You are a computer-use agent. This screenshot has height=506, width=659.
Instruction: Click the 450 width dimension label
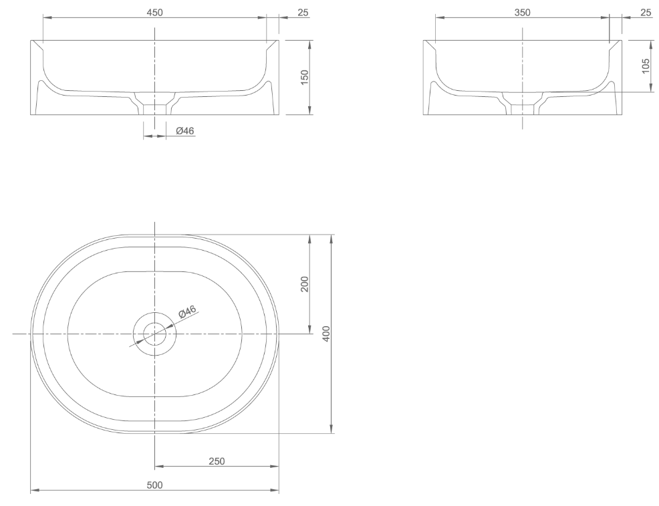(x=154, y=12)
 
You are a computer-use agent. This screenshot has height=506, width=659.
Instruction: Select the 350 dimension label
(x=522, y=12)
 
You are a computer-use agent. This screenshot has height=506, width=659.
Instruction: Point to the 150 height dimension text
(x=304, y=77)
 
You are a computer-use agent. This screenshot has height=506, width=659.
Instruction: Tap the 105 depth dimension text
(x=646, y=66)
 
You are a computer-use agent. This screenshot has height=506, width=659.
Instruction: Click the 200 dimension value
(x=304, y=284)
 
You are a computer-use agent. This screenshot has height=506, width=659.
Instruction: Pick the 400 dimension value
(x=326, y=334)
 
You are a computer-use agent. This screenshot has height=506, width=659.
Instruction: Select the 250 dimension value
(x=217, y=461)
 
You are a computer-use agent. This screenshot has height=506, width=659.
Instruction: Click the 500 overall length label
(x=154, y=485)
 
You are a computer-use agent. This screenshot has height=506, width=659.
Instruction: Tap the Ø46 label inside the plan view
(x=186, y=311)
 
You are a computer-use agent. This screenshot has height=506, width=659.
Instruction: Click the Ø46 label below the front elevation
(x=185, y=131)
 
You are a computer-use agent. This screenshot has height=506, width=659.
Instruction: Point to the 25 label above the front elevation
(x=303, y=12)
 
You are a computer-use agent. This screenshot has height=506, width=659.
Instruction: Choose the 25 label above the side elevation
(x=646, y=12)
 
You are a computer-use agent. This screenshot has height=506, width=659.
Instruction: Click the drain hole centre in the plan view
(x=154, y=334)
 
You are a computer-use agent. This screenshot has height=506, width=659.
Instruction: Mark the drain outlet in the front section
(x=154, y=109)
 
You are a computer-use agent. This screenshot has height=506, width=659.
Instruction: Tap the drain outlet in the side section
(x=522, y=109)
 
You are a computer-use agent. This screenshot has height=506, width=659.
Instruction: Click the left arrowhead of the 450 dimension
(x=46, y=18)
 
